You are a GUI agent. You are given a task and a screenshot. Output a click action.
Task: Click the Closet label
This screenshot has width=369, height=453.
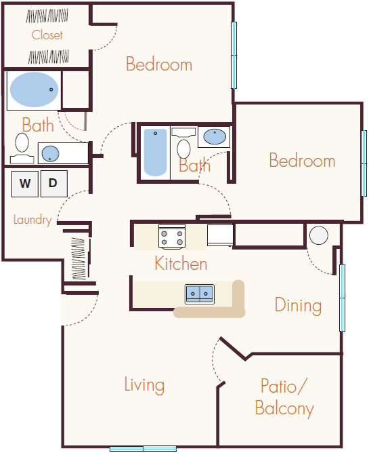point(47,35)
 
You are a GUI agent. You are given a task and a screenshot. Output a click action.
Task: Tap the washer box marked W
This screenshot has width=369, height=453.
point(25,183)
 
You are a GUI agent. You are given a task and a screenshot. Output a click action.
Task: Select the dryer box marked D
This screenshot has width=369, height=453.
point(54,183)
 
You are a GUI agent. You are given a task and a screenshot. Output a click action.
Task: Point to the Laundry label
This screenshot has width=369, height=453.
point(32,220)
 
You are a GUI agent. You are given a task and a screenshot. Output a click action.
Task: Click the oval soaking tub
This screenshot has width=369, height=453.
point(34,89)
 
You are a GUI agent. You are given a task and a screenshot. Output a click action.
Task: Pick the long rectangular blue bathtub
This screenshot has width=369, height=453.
point(155,153)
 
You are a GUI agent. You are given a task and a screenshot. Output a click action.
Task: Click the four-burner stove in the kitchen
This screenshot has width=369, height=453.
point(172,237)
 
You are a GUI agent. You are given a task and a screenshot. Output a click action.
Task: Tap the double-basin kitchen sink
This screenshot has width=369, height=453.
point(200,294)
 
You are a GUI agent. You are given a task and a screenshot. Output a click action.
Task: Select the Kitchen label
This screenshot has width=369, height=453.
point(181,263)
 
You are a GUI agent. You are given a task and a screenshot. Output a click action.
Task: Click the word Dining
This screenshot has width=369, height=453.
point(298,305)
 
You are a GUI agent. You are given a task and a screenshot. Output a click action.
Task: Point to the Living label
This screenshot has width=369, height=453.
point(144,385)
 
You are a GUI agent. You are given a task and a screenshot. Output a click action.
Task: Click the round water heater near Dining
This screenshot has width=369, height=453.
point(319,235)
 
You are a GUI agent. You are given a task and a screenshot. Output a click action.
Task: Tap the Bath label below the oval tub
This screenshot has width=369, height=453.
point(38,125)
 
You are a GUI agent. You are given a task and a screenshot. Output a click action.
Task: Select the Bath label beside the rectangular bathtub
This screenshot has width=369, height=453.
point(194,165)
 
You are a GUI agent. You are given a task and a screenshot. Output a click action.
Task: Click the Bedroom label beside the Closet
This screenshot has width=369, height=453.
point(159,64)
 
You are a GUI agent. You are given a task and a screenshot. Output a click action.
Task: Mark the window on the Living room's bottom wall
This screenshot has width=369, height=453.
point(143,448)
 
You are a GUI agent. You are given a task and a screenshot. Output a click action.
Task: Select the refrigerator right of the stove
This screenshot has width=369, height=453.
point(220,235)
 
